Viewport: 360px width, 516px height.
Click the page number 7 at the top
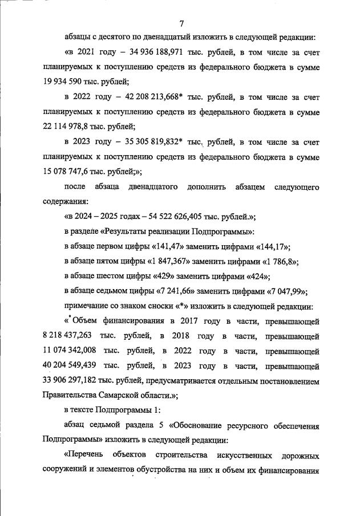click(x=181, y=23)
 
